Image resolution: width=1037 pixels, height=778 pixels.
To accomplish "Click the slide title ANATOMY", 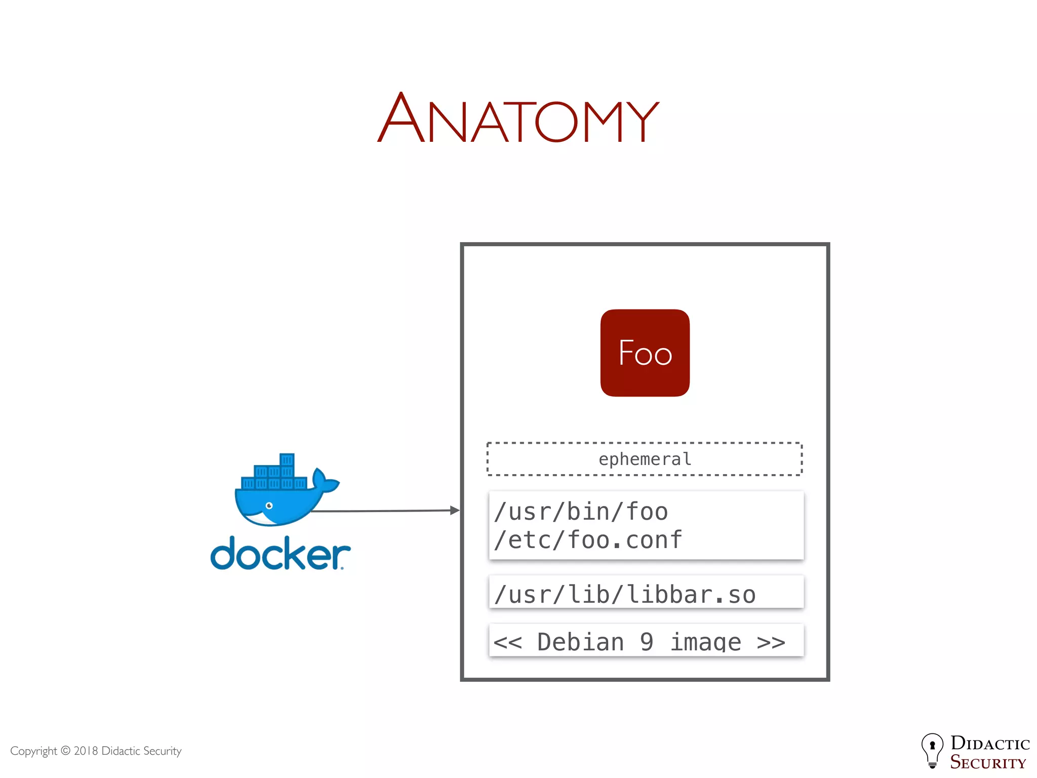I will [x=518, y=118].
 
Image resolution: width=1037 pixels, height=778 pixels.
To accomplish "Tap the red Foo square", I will [x=645, y=353].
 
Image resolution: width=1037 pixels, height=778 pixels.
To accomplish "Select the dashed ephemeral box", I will [x=644, y=459].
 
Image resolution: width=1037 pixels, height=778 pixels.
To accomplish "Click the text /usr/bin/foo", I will [x=581, y=512].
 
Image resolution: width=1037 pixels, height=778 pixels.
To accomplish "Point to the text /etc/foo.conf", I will [x=588, y=540].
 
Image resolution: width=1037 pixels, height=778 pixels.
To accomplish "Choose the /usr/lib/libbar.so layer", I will [x=625, y=594].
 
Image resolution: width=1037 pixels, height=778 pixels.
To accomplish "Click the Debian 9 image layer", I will [x=639, y=642].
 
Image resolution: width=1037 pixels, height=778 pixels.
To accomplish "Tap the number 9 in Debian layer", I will [x=647, y=642].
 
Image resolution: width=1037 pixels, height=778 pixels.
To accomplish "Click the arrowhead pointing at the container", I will [x=455, y=510].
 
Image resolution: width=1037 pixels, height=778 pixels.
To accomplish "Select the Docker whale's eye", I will [x=269, y=505].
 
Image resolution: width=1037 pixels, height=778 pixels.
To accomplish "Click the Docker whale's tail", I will [x=325, y=481].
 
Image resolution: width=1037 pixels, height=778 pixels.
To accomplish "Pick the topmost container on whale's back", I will [x=287, y=459].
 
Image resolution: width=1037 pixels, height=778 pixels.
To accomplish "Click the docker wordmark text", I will [x=280, y=554].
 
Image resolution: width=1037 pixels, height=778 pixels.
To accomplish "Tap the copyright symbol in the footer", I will [x=66, y=751].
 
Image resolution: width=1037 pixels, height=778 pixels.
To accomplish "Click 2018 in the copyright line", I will [x=86, y=751].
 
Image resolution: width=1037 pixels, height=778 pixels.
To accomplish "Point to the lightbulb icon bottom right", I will [x=932, y=750].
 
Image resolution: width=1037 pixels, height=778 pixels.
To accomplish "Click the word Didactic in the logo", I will [x=990, y=743].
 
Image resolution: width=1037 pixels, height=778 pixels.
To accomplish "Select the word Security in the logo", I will [x=987, y=762].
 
